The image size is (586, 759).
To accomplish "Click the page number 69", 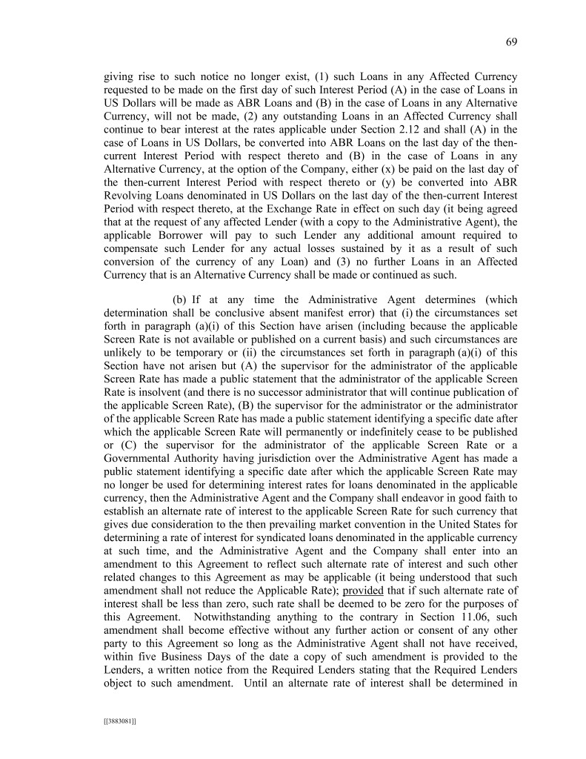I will pyautogui.click(x=510, y=42).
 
